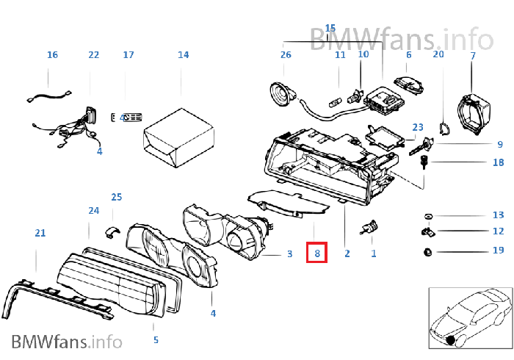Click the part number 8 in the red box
click(317, 254)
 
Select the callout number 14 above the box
click(183, 55)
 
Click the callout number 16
click(52, 55)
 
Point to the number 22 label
click(93, 55)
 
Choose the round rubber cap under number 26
click(280, 93)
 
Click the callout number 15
click(330, 29)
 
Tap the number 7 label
click(473, 56)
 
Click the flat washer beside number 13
click(427, 216)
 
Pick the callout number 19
click(498, 251)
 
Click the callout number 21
click(40, 233)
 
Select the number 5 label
click(156, 340)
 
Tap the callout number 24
click(93, 211)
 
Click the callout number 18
click(498, 162)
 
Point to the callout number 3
click(289, 254)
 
